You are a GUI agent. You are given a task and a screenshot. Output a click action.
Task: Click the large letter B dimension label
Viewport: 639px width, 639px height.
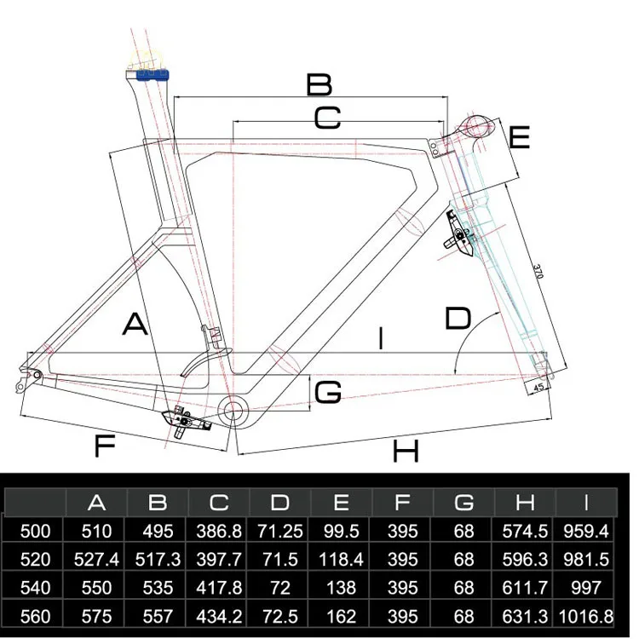[x=319, y=84]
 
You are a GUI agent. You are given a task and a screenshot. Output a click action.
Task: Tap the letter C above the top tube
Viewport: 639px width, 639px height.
[x=327, y=118]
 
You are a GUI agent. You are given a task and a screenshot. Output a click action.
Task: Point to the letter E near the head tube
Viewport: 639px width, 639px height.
[x=520, y=137]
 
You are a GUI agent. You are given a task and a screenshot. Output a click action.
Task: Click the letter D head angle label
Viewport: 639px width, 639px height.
[x=458, y=319]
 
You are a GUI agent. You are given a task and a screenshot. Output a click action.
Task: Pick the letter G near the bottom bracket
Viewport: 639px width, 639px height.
[x=328, y=393]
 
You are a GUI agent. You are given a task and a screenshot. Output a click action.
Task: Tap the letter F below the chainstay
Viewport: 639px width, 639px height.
[x=104, y=446]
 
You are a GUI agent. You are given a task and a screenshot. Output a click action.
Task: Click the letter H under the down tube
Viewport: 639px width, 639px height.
[x=406, y=451]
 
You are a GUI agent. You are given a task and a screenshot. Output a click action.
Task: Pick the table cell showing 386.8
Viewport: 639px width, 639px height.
[x=220, y=531]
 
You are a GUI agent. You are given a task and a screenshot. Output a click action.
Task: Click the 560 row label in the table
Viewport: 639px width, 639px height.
[x=35, y=616]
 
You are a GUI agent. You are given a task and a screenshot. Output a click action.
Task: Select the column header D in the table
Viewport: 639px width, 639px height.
[x=280, y=502]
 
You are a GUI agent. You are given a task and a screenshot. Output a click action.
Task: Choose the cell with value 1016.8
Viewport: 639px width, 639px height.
[x=584, y=616]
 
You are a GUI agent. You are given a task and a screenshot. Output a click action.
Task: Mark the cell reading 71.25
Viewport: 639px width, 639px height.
[x=280, y=531]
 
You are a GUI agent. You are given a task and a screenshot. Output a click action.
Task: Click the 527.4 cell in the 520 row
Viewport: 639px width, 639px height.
[x=97, y=560]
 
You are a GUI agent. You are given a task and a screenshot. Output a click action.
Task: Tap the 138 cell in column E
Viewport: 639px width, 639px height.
[x=341, y=588]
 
